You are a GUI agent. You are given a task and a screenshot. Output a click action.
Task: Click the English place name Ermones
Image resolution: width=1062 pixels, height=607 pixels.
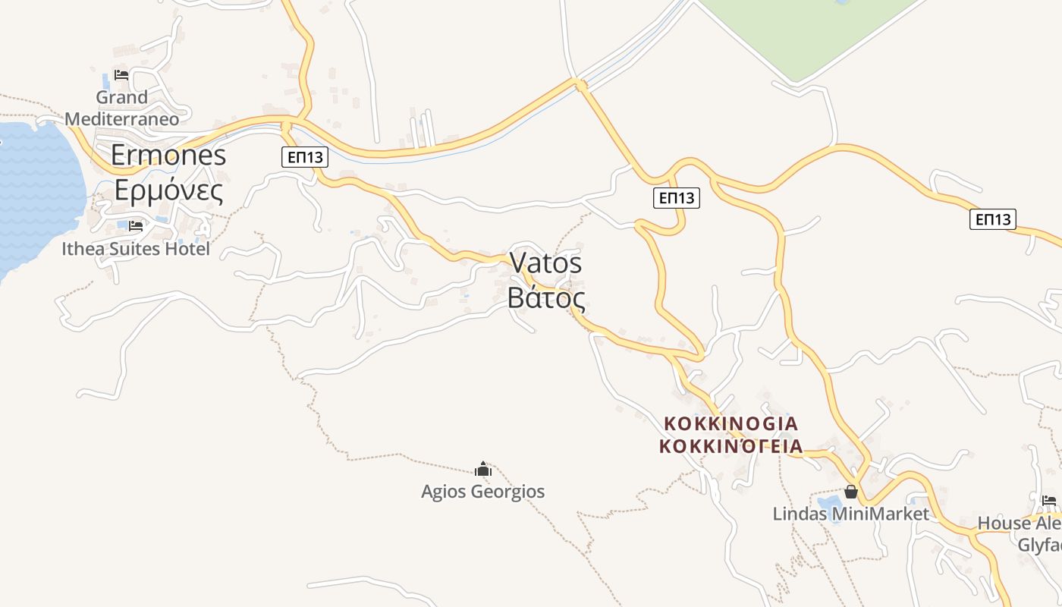pyautogui.click(x=168, y=155)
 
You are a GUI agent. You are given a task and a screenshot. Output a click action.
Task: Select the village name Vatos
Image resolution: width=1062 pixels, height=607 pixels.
pyautogui.click(x=545, y=263)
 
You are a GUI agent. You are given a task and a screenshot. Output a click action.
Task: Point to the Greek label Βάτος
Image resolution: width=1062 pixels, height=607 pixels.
pyautogui.click(x=546, y=297)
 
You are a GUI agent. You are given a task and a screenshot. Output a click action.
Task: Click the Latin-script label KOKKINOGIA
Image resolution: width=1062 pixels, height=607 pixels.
pyautogui.click(x=731, y=423)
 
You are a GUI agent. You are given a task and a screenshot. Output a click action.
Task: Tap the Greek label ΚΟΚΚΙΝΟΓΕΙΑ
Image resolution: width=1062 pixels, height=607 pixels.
pyautogui.click(x=731, y=445)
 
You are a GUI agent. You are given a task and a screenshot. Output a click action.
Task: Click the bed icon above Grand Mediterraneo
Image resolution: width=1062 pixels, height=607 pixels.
pyautogui.click(x=121, y=74)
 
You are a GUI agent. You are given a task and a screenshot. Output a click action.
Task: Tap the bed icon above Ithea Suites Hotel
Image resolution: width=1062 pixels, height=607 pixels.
pyautogui.click(x=136, y=225)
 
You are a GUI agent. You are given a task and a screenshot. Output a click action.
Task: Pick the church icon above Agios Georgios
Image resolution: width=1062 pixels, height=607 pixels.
pyautogui.click(x=483, y=470)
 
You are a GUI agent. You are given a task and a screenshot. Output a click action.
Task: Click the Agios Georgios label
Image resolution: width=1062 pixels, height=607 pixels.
pyautogui.click(x=483, y=492)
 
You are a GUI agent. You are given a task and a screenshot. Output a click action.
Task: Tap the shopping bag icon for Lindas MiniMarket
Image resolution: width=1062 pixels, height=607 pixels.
pyautogui.click(x=851, y=492)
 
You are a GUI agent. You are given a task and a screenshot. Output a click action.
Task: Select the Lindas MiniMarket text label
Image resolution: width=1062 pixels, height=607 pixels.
pyautogui.click(x=850, y=514)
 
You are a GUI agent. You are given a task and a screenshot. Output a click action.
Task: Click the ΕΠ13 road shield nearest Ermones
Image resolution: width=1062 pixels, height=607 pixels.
pyautogui.click(x=305, y=157)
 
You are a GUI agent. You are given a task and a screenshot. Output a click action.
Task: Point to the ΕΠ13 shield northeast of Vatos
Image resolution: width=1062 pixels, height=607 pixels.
pyautogui.click(x=676, y=198)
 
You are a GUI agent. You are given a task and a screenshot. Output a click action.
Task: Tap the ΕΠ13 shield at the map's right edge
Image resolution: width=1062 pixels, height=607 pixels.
pyautogui.click(x=993, y=219)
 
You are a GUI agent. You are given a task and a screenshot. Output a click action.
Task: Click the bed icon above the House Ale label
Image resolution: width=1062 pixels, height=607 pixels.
pyautogui.click(x=1049, y=500)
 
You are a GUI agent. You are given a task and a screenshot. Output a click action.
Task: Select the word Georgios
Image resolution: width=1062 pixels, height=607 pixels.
pyautogui.click(x=507, y=492)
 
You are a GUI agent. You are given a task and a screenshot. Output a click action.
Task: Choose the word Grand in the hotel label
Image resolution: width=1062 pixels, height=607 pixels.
pyautogui.click(x=121, y=97)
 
